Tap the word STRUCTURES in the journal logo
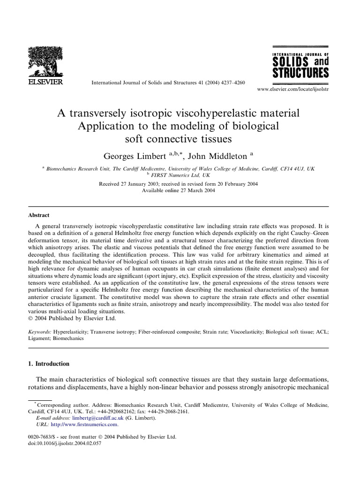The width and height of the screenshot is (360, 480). click(300, 73)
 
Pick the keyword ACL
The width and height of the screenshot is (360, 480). click(322, 332)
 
